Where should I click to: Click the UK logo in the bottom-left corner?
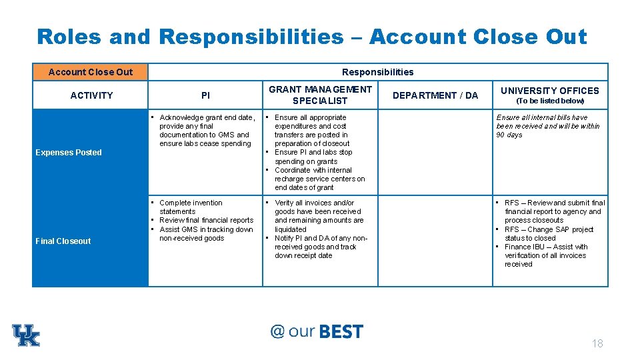point(26,335)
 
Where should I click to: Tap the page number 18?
point(597,343)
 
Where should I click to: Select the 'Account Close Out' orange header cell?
point(91,72)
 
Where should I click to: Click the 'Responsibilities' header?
point(377,72)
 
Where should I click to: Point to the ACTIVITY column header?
point(91,95)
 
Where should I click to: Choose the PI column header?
point(205,95)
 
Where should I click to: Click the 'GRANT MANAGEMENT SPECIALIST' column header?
point(320,95)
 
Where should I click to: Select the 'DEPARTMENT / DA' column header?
point(435,95)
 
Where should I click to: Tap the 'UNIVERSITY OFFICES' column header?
point(550,91)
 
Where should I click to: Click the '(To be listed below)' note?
point(550,101)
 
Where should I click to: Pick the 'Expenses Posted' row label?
point(69,153)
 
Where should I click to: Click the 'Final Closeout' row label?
point(63,241)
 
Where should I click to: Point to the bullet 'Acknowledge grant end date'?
point(207,118)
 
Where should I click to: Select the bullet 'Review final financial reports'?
point(206,220)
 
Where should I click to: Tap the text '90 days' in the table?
point(509,135)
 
